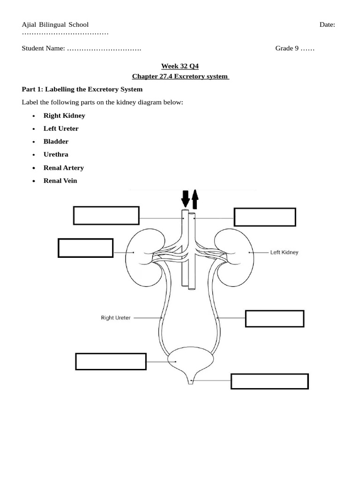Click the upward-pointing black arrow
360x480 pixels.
(195, 199)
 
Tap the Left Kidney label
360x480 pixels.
(284, 252)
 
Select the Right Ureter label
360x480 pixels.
(116, 318)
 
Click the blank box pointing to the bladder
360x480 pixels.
(111, 362)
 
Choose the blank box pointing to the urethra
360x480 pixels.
(270, 381)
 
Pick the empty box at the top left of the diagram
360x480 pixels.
(106, 215)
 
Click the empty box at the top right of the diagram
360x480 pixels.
(265, 217)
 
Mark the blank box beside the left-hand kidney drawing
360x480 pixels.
(85, 247)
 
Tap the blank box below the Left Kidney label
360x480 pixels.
(275, 318)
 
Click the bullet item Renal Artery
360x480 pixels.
(64, 167)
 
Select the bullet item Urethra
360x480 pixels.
(56, 154)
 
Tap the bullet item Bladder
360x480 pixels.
(56, 141)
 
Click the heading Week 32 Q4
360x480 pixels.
(180, 66)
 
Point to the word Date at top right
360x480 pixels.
(327, 24)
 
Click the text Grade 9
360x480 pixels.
(287, 48)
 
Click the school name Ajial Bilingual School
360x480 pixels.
(55, 24)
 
